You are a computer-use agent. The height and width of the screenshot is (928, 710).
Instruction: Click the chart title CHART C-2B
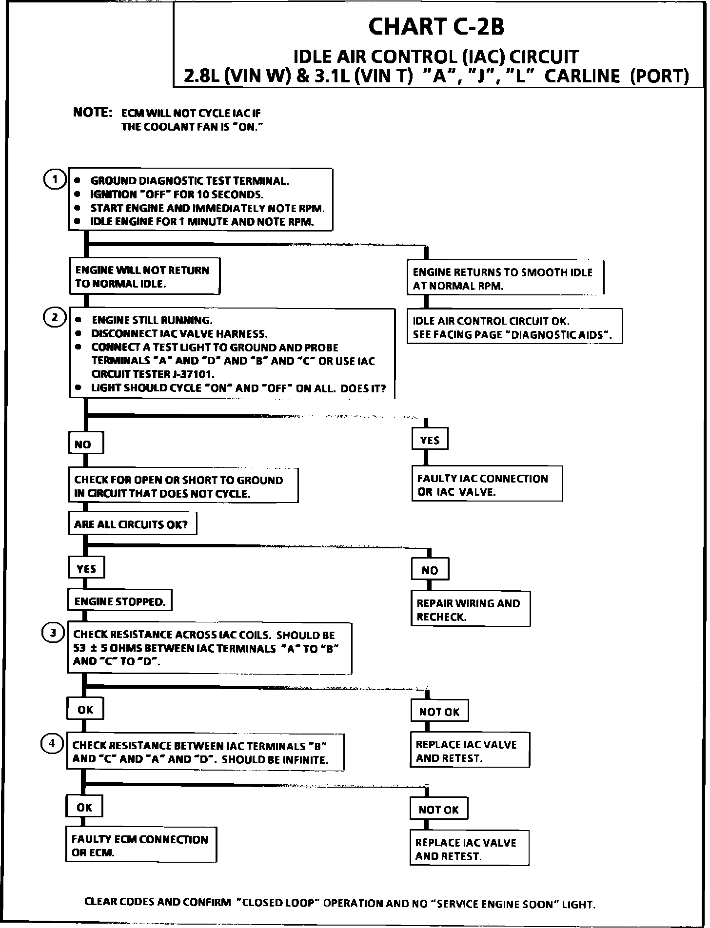point(436,26)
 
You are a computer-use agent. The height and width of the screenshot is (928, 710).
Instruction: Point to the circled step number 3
point(54,633)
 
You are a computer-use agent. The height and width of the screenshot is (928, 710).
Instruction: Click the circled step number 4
point(53,743)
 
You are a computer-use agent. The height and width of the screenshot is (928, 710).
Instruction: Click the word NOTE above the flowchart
point(93,112)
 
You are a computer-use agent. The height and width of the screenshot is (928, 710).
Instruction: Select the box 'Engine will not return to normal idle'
point(144,276)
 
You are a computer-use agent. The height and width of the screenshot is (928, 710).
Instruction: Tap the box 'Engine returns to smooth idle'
point(505,278)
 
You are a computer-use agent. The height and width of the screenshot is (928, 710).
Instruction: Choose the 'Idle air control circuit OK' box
point(514,327)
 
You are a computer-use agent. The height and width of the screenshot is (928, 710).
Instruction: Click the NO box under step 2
point(86,444)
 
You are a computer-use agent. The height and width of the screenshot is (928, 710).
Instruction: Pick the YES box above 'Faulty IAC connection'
point(430,440)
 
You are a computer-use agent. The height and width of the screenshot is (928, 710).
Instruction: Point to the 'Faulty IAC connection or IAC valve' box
point(487,484)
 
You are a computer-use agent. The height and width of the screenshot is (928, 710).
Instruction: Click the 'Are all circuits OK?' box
point(132,524)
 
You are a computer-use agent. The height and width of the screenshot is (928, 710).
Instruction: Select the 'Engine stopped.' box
point(120,601)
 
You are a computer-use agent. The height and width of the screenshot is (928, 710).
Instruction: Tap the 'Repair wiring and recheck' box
point(470,609)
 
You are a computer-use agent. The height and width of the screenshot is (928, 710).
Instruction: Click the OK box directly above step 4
point(85,710)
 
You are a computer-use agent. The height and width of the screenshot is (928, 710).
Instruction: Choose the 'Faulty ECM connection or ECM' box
point(141,846)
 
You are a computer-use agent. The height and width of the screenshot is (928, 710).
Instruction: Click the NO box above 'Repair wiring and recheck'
point(430,570)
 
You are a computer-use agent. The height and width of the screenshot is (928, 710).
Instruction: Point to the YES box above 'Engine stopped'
point(86,568)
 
